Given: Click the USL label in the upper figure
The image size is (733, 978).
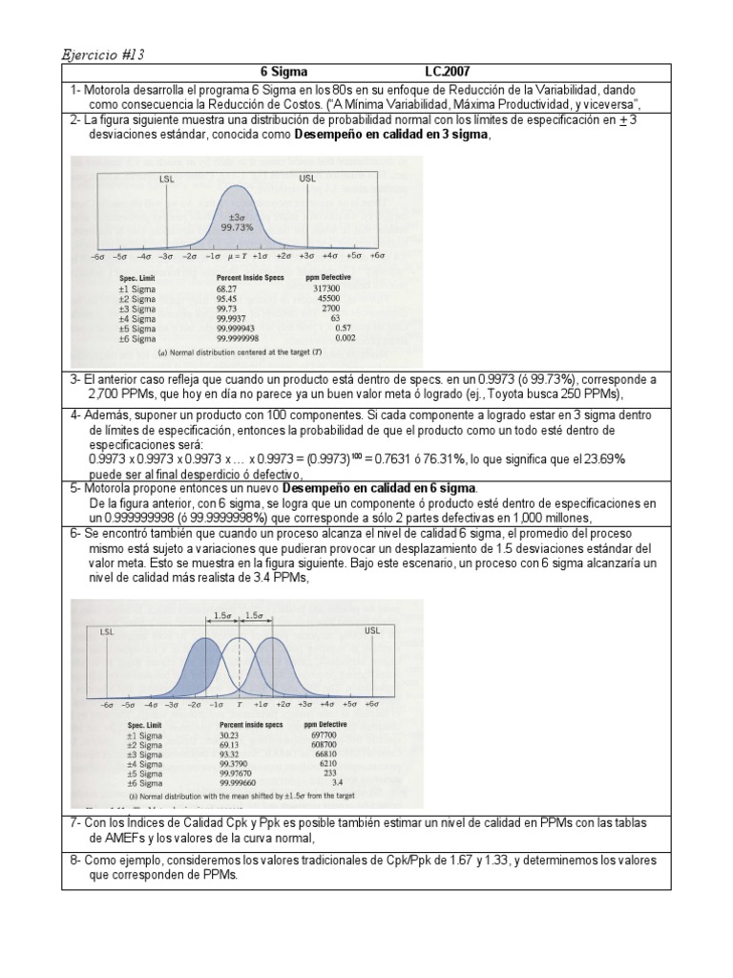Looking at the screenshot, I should coord(307,178).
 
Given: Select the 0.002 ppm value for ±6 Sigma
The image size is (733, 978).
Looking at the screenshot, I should coord(345,338).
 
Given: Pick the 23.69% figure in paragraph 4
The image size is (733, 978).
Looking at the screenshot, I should coord(603,459).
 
